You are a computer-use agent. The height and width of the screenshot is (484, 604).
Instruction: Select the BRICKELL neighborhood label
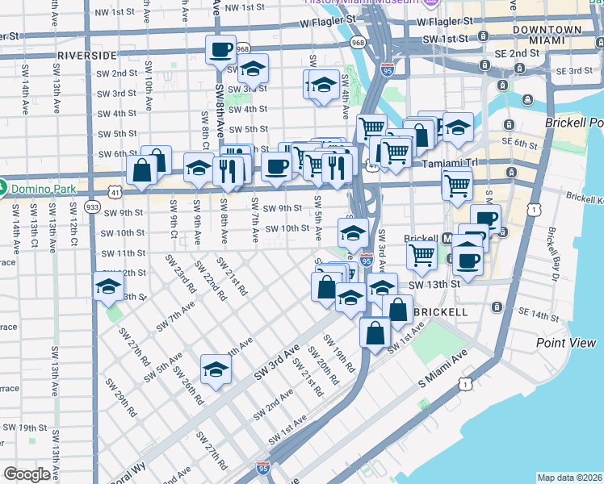coord(440,311)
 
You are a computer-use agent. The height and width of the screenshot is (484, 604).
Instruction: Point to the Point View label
coord(566,343)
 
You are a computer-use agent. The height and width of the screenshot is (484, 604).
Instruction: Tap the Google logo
coord(27,474)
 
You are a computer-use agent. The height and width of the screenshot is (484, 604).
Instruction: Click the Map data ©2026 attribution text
coord(569,478)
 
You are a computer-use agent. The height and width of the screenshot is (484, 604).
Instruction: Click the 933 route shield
coord(91,207)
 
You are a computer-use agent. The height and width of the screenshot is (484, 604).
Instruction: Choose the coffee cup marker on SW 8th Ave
coord(220,50)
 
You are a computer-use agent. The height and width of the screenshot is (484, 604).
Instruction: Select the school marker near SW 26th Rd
coord(216,369)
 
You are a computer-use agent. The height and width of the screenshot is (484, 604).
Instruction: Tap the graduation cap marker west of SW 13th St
coord(108,286)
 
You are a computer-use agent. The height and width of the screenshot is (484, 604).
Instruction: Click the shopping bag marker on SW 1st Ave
coord(375,332)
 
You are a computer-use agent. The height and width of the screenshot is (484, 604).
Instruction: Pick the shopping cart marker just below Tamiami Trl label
coord(457,185)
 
